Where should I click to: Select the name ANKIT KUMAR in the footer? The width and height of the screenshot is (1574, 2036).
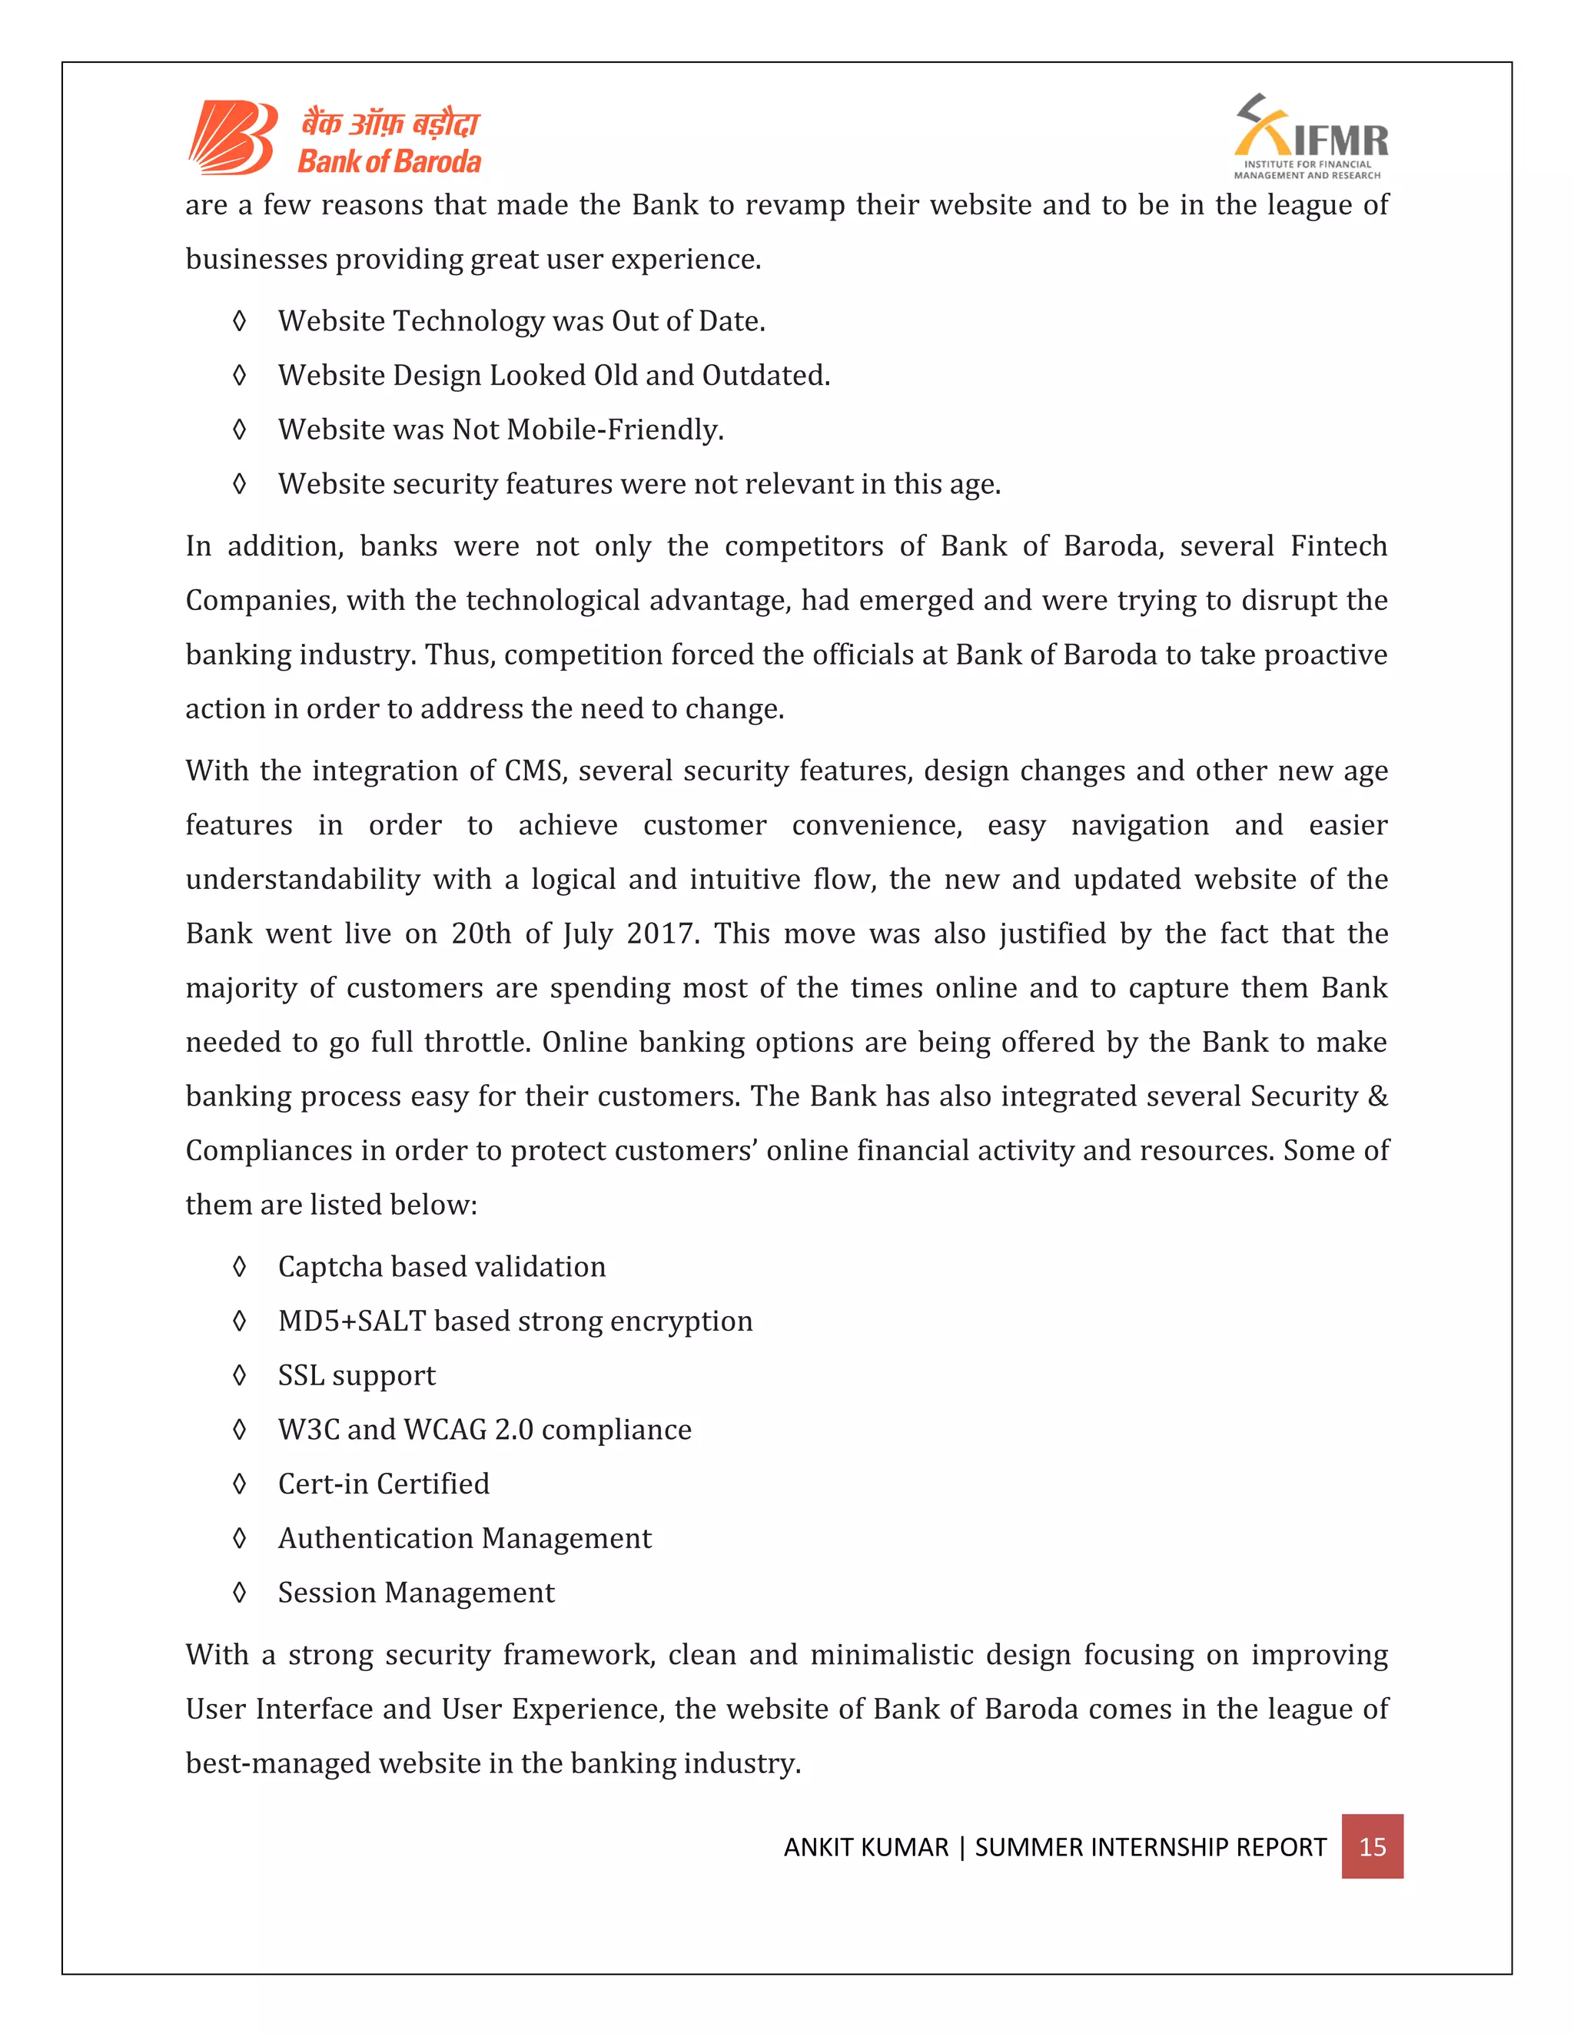[865, 1847]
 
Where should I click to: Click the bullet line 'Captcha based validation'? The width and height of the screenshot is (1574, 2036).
[441, 1266]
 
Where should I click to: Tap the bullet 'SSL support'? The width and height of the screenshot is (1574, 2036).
[356, 1375]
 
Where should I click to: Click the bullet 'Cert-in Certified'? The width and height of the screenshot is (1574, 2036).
[384, 1483]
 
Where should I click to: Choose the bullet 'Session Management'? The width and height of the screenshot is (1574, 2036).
[416, 1592]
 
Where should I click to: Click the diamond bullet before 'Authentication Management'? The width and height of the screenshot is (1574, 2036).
[240, 1538]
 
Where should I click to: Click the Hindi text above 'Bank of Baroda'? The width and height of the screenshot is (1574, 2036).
[389, 124]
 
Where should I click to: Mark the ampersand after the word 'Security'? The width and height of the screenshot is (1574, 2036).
[1377, 1096]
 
